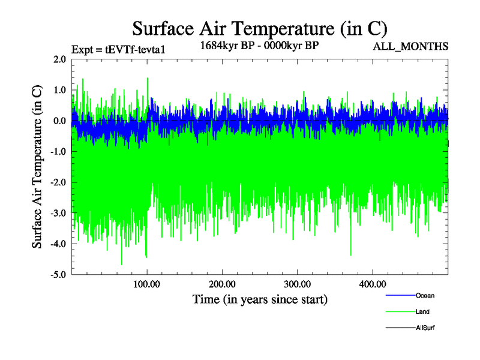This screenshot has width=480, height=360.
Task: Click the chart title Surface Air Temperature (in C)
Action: pyautogui.click(x=260, y=28)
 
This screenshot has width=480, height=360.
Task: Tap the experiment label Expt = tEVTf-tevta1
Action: pyautogui.click(x=118, y=50)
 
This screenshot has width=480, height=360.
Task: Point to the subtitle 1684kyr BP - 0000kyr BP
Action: pyautogui.click(x=260, y=46)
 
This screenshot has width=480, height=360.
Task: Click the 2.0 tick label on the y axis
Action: pyautogui.click(x=59, y=59)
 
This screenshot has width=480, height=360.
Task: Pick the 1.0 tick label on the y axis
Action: pyautogui.click(x=59, y=90)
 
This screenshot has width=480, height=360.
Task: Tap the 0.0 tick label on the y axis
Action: pyautogui.click(x=59, y=121)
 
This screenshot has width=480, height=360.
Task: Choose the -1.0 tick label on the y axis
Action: pyautogui.click(x=58, y=152)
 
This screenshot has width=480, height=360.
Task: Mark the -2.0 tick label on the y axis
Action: pyautogui.click(x=58, y=182)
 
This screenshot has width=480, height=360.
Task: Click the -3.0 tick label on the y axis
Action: pyautogui.click(x=58, y=213)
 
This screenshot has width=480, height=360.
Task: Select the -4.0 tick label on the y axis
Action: pyautogui.click(x=58, y=244)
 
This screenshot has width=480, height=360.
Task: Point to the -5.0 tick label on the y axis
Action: pyautogui.click(x=58, y=275)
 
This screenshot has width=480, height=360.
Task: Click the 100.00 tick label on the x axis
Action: pyautogui.click(x=147, y=284)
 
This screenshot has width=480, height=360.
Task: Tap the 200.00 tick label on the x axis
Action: pyautogui.click(x=222, y=284)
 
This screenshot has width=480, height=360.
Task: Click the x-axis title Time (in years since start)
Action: pyautogui.click(x=260, y=299)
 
